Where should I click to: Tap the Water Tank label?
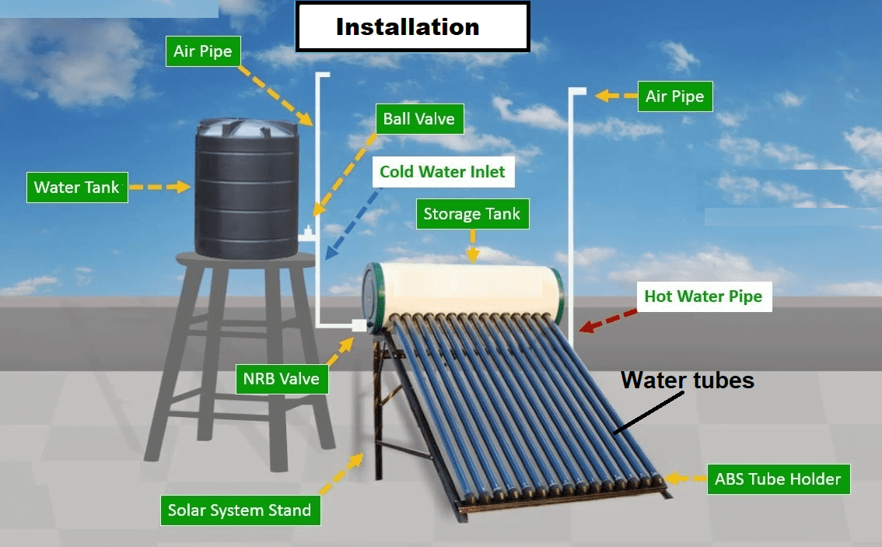point(77,188)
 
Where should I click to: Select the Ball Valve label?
point(419,120)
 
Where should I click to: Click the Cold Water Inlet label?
point(442,172)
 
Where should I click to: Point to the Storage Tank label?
point(471,214)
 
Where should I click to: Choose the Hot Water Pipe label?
point(703,296)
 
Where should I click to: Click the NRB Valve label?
point(281,379)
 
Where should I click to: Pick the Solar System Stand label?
point(240,511)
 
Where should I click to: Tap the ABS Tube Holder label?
point(778,479)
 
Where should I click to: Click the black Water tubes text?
point(688,380)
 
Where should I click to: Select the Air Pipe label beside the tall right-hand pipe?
point(674,97)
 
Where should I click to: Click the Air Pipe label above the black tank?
point(202,52)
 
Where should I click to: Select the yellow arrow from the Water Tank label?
point(159,188)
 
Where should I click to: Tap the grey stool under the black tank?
point(233,358)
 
